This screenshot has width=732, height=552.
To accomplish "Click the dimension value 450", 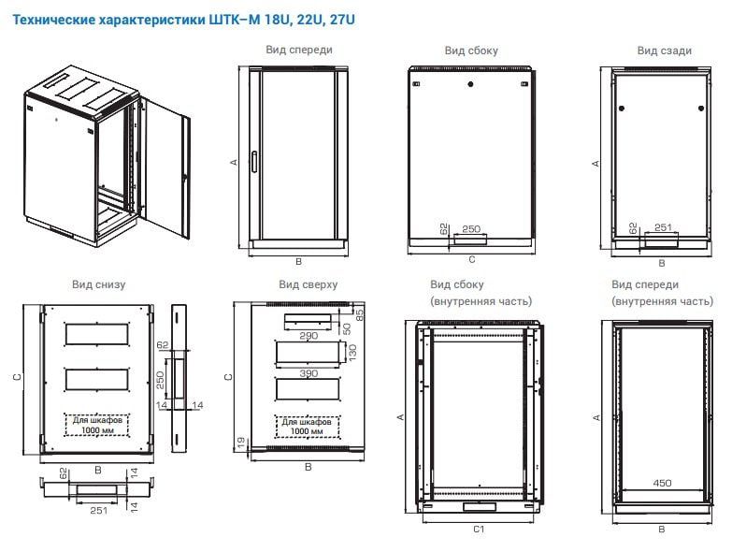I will click(662, 484).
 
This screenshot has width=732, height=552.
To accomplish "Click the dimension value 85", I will click(360, 312).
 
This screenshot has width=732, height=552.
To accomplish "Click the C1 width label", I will click(477, 530).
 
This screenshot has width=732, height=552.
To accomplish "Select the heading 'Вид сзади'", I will click(664, 51).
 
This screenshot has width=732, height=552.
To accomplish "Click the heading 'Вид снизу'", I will click(98, 284).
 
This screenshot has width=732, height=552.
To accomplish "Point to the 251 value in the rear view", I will click(663, 227).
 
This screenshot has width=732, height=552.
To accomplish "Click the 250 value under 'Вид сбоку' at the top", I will click(471, 228).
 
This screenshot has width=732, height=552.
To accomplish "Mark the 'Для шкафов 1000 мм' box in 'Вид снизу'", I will click(98, 426).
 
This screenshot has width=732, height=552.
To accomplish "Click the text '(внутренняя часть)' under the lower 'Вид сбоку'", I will click(481, 301).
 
